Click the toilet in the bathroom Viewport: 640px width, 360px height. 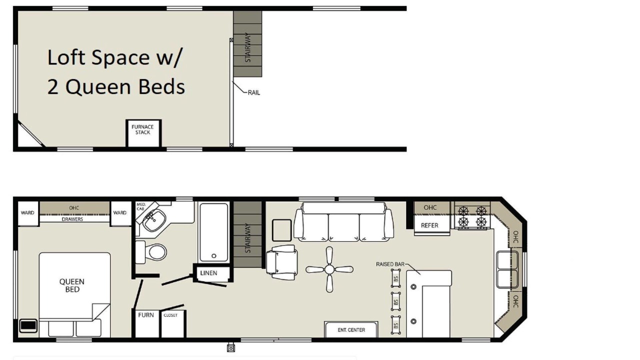point(151,252)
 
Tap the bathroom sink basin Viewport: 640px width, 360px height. point(154,220)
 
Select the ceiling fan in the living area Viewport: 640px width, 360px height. point(329,269)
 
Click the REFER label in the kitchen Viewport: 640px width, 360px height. point(429,225)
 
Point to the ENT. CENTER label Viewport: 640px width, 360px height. point(351,330)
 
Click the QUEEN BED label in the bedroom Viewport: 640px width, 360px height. point(72,285)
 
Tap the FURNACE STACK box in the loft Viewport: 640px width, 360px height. point(143,133)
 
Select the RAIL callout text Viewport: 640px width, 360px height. point(253,92)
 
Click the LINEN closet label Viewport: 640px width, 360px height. point(208,273)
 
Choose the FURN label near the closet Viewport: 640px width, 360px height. point(145,315)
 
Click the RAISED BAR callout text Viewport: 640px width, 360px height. point(390,264)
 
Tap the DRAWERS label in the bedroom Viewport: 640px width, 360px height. point(72,219)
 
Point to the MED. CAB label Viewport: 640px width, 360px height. point(141,206)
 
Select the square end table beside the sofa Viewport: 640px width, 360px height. point(281,230)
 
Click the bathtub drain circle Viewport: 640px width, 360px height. point(213,256)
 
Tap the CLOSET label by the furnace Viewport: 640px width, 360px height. point(170,315)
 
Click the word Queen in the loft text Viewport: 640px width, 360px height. point(98,87)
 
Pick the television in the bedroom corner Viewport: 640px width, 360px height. point(28,325)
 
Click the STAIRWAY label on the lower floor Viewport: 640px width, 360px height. point(247,238)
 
